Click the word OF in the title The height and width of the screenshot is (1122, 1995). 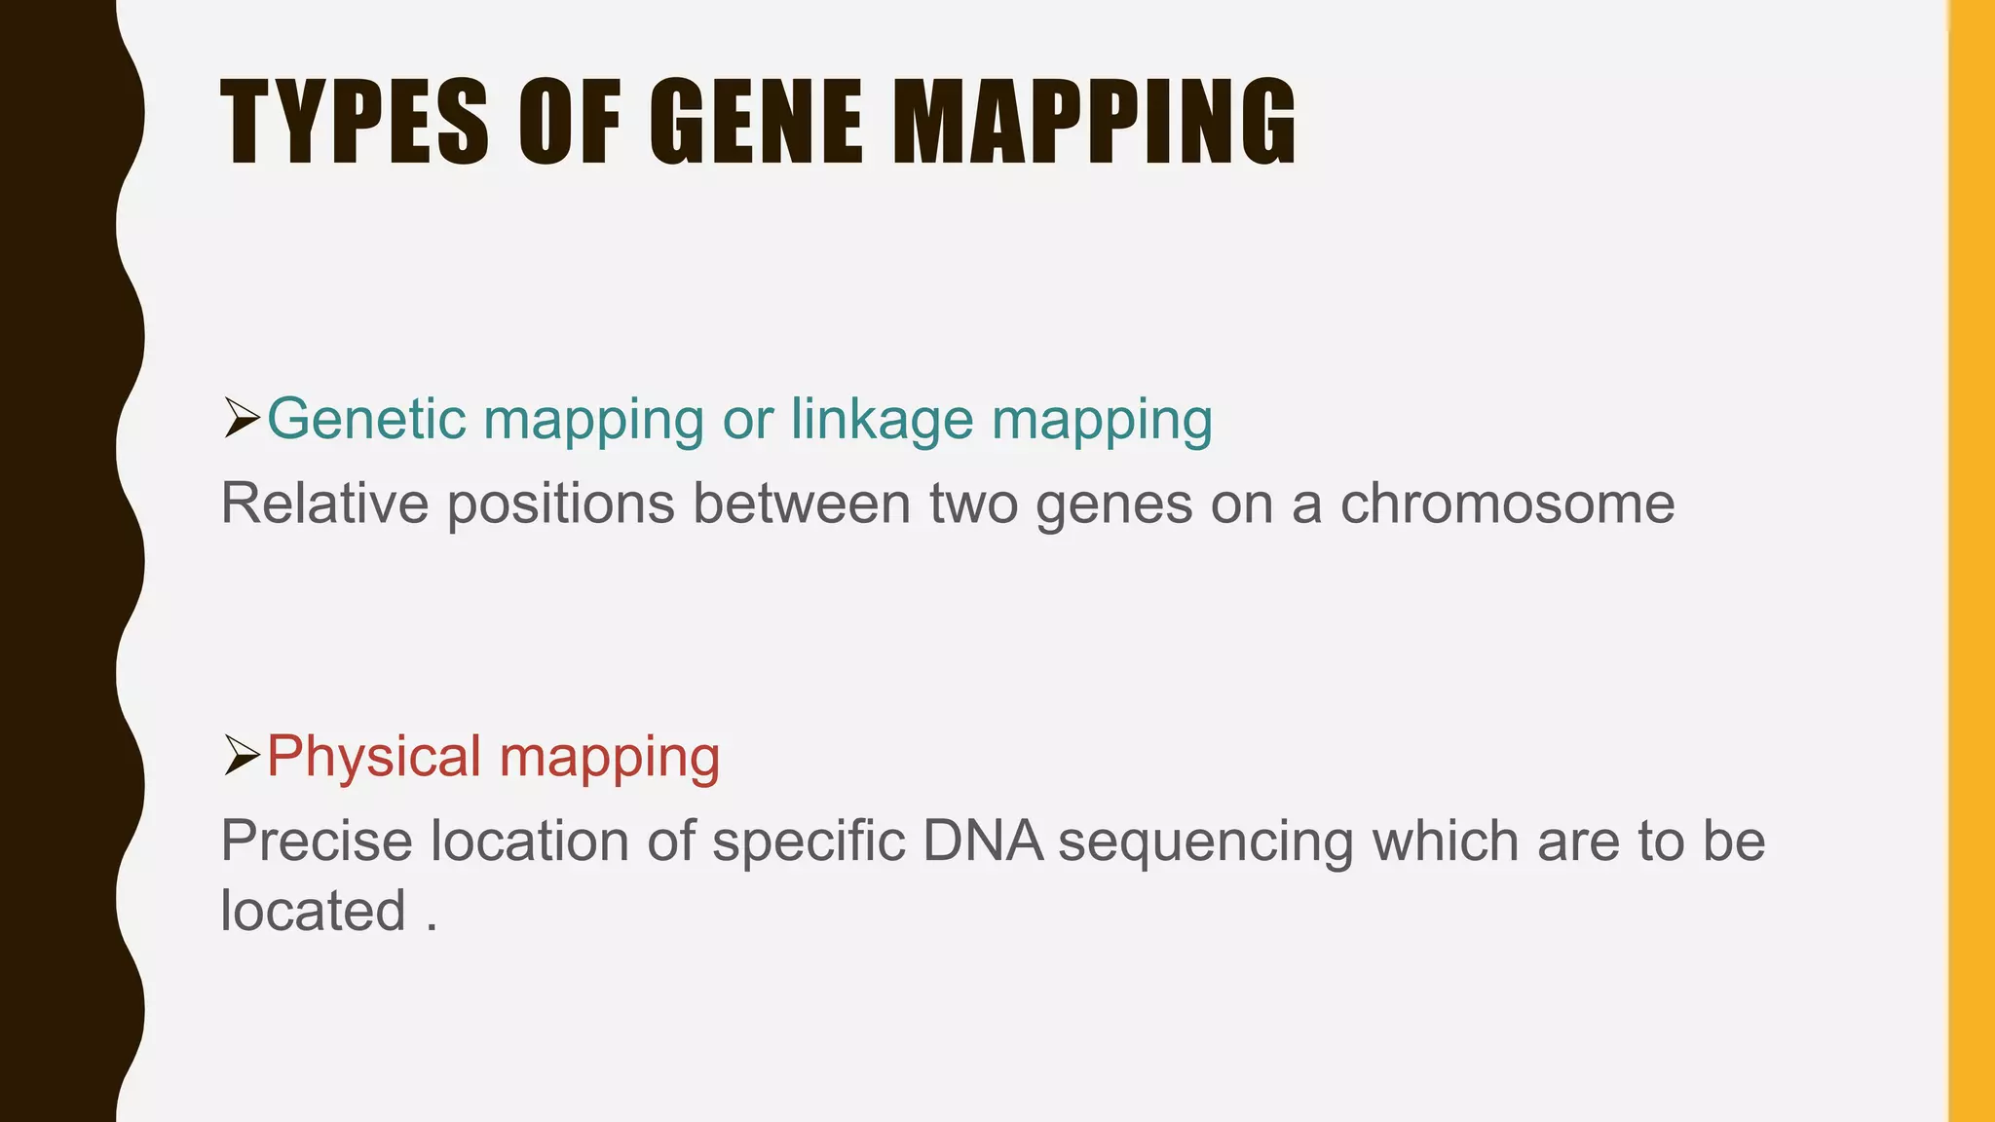pyautogui.click(x=570, y=124)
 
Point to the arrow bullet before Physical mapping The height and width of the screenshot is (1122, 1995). pyautogui.click(x=241, y=755)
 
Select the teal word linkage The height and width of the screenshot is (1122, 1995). pyautogui.click(x=882, y=421)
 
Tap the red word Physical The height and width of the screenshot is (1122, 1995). pyautogui.click(x=374, y=757)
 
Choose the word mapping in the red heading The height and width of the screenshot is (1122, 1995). pyautogui.click(x=610, y=759)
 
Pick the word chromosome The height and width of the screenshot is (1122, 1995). pyautogui.click(x=1507, y=504)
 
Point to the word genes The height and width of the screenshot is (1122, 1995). pyautogui.click(x=1114, y=505)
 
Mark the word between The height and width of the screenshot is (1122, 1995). pyautogui.click(x=801, y=504)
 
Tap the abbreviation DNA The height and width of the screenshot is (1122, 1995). pyautogui.click(x=983, y=841)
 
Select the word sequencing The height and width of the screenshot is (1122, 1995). pyautogui.click(x=1205, y=842)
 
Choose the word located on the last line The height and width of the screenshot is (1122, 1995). pyautogui.click(x=313, y=911)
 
